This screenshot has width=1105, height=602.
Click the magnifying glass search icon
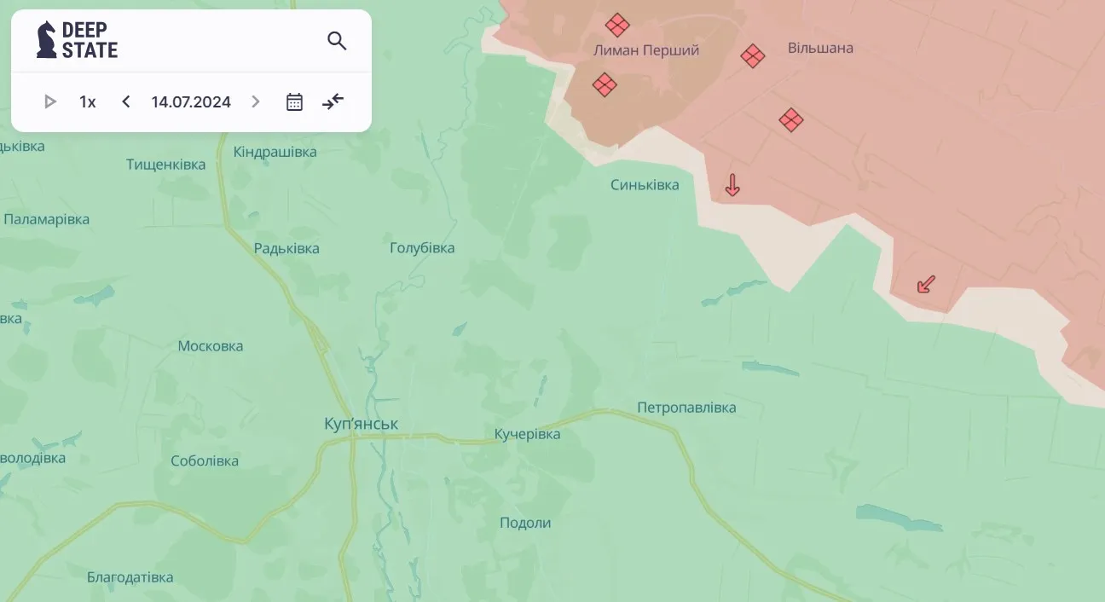click(337, 41)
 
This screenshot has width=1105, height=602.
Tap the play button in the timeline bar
click(49, 102)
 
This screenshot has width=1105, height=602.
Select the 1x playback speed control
click(87, 102)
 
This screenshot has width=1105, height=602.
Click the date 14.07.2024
click(191, 102)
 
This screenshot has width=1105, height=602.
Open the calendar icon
click(294, 102)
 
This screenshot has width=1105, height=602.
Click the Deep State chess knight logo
click(46, 40)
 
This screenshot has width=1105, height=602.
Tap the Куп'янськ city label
click(361, 424)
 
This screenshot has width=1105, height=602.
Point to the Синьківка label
click(645, 185)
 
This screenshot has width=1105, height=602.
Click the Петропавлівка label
click(686, 408)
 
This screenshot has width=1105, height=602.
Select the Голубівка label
click(422, 248)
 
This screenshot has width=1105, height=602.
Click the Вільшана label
click(820, 48)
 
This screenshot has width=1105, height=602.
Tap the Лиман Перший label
click(646, 50)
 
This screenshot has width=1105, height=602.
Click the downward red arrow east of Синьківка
click(732, 185)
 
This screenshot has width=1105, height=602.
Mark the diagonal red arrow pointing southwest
click(926, 284)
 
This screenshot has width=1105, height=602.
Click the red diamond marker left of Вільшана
click(752, 56)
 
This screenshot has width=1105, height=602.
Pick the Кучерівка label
click(527, 435)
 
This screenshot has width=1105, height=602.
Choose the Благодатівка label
click(130, 577)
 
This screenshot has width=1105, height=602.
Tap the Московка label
click(211, 346)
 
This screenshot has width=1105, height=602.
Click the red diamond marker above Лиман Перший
click(617, 25)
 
